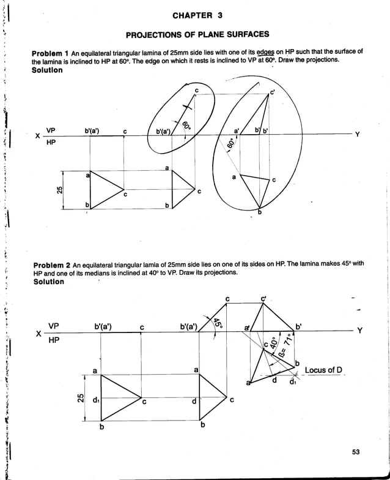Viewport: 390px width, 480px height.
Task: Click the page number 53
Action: tap(356, 452)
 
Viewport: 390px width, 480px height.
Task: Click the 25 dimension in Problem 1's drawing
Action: tap(59, 190)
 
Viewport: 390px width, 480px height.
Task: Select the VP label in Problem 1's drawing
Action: tap(50, 130)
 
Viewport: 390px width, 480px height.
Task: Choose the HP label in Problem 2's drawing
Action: tap(54, 339)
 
